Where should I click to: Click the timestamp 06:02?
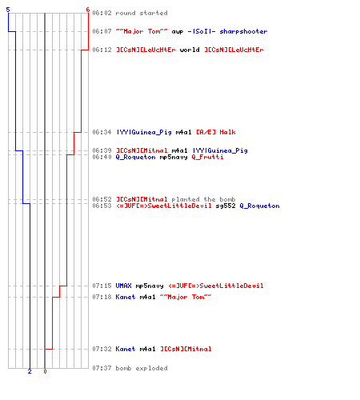102,13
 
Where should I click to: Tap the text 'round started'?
142,13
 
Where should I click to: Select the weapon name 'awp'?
178,32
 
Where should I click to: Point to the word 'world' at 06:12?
190,50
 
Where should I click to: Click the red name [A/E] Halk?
216,132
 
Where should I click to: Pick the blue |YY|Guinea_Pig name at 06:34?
144,132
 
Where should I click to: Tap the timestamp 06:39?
102,150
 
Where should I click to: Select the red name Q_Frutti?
207,157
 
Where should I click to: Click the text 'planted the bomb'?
203,199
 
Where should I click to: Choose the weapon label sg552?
226,206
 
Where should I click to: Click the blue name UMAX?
123,286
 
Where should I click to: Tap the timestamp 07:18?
102,297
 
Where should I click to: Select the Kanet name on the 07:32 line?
126,349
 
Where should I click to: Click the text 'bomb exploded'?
142,368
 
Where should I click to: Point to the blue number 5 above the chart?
8,10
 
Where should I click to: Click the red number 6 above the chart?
88,10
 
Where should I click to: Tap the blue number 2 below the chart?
30,371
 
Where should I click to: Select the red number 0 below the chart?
45,371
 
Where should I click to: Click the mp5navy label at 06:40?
174,157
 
